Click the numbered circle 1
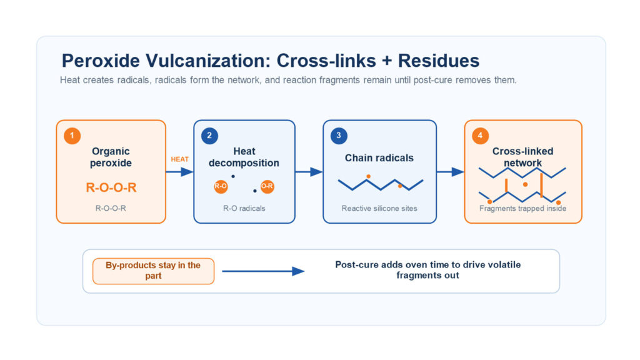(72, 136)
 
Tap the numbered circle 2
(209, 136)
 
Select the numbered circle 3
(339, 136)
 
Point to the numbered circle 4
(480, 136)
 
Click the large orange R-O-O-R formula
(111, 187)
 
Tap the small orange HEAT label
(179, 159)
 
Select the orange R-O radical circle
(221, 186)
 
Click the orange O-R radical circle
(267, 186)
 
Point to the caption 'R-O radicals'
(244, 208)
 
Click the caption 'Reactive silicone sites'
(379, 208)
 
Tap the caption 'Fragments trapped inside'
(523, 208)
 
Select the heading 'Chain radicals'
(379, 158)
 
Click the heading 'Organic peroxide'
(111, 157)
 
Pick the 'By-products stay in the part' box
(154, 271)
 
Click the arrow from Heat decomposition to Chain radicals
(309, 172)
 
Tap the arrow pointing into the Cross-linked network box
(451, 172)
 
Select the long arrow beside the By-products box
(263, 271)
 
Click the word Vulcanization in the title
(206, 61)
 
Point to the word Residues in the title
(439, 61)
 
